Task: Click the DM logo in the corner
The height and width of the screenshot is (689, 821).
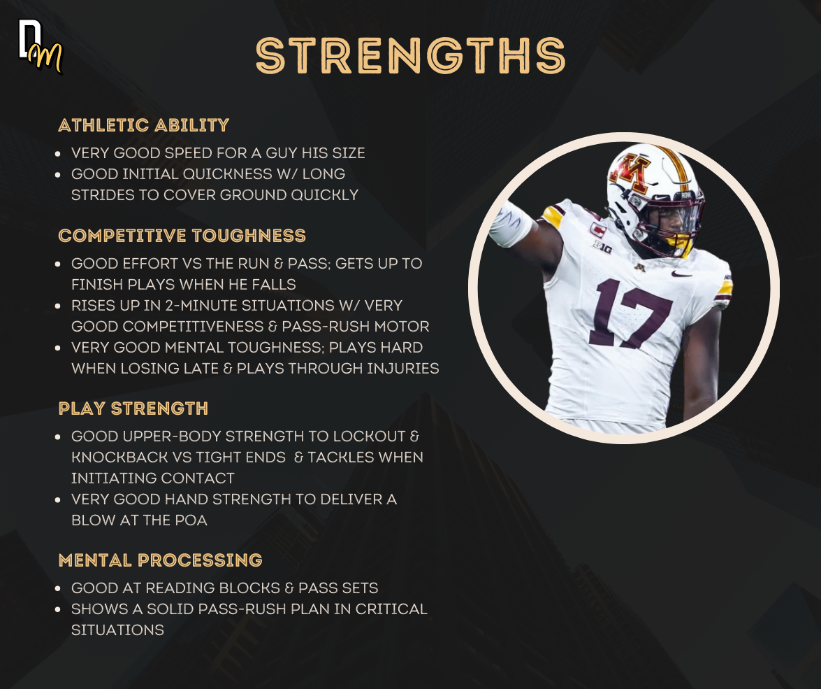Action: click(x=40, y=46)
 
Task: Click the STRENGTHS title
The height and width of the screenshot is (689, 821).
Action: click(x=411, y=55)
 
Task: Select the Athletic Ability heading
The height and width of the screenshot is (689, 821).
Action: click(x=143, y=125)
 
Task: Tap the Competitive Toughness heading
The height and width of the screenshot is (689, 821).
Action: click(x=182, y=236)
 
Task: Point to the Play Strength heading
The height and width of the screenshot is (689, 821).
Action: click(x=133, y=409)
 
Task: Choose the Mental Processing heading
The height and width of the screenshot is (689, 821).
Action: click(x=160, y=560)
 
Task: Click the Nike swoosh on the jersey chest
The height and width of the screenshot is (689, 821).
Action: click(x=682, y=274)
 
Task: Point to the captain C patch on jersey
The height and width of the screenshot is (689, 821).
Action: click(x=597, y=229)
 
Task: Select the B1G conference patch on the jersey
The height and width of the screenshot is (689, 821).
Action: click(x=602, y=246)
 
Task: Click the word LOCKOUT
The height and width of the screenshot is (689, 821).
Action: click(x=369, y=436)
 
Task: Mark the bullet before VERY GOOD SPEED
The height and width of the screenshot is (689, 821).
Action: click(x=57, y=153)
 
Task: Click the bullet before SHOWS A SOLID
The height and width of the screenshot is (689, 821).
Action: click(x=57, y=609)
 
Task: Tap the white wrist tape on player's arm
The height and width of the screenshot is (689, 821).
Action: click(x=511, y=225)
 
